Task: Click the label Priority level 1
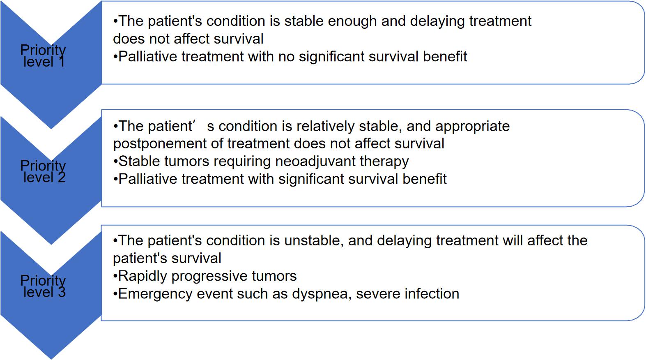tap(43, 56)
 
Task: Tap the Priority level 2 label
tap(43, 171)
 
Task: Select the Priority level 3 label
tap(43, 286)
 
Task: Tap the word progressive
tap(209, 277)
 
